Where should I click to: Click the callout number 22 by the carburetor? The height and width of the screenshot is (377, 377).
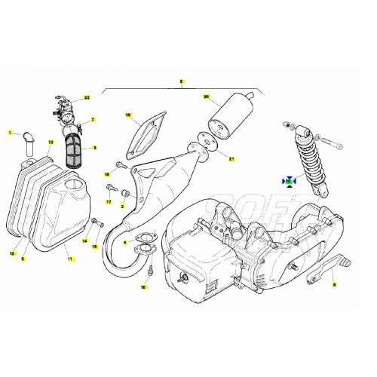[87, 98]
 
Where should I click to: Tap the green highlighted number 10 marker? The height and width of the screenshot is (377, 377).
[288, 181]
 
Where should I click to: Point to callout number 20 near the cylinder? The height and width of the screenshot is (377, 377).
[206, 97]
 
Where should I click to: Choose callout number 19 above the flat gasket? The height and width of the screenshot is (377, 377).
[128, 115]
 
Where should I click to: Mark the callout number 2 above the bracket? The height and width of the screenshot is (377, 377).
[181, 80]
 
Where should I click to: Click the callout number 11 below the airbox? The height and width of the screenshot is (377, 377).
[70, 259]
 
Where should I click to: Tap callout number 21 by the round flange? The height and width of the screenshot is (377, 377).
[232, 159]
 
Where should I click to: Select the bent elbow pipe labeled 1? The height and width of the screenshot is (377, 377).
[29, 143]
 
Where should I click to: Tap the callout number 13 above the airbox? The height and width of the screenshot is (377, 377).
[51, 142]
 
